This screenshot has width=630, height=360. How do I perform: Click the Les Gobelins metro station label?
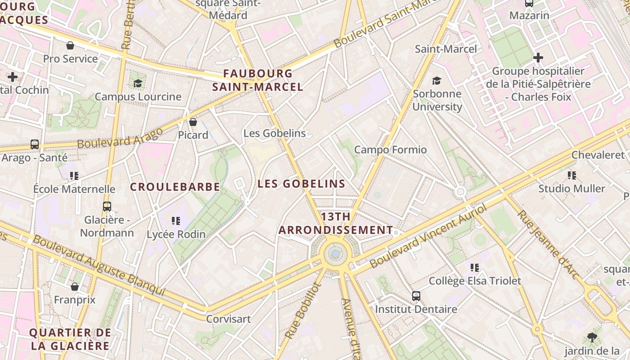click(x=274, y=133)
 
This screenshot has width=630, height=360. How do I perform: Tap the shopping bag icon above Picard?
click(x=193, y=122)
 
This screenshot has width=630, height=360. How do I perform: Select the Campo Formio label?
click(x=390, y=149)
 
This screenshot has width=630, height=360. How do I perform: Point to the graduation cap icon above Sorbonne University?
click(x=436, y=81)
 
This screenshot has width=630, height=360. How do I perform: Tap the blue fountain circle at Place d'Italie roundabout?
click(x=335, y=254)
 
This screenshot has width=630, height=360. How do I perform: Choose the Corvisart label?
click(x=228, y=319)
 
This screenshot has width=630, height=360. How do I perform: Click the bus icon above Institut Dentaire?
click(x=416, y=296)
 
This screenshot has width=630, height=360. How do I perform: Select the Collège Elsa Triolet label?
click(x=475, y=281)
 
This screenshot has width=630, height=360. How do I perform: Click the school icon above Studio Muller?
click(x=572, y=175)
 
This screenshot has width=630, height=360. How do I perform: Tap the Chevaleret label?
click(x=598, y=155)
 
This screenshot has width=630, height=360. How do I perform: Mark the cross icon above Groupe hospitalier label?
click(x=538, y=58)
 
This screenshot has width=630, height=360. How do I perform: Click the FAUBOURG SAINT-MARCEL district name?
click(x=258, y=80)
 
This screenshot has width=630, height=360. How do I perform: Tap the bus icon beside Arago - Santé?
click(x=35, y=144)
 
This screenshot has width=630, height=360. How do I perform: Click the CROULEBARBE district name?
click(x=175, y=187)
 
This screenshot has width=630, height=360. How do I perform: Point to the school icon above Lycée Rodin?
click(x=176, y=221)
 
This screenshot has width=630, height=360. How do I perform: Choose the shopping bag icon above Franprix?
click(x=75, y=287)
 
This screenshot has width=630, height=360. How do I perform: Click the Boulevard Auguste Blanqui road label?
click(x=99, y=265)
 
